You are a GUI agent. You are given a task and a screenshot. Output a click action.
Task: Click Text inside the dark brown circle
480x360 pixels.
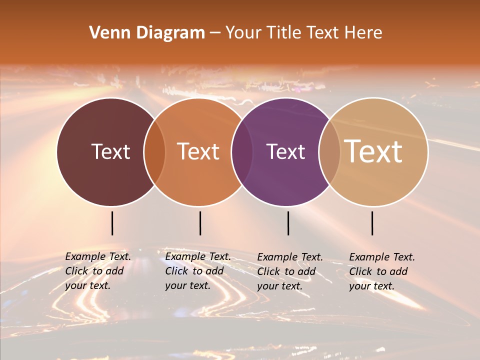[110, 151]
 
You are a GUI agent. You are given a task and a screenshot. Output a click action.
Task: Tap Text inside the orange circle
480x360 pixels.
[198, 151]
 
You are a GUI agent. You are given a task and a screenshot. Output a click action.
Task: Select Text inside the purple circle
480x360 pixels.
[285, 151]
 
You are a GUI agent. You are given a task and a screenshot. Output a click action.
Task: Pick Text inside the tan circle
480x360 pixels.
[373, 151]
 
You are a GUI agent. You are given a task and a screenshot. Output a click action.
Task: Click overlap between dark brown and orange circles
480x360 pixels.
[154, 151]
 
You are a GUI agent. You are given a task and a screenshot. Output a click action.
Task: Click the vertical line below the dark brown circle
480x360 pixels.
[112, 223]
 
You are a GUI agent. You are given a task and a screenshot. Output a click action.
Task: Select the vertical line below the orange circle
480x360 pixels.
[200, 223]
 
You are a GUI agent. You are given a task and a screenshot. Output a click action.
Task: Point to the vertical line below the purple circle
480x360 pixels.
[288, 223]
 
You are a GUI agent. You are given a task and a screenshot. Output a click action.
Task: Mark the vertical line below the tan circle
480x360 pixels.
[372, 223]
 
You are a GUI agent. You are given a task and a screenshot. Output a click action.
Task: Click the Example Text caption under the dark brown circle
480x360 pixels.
[97, 271]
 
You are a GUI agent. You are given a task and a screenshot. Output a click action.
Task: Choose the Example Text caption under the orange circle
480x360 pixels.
[197, 271]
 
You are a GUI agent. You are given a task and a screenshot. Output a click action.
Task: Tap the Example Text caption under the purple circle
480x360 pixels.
[289, 271]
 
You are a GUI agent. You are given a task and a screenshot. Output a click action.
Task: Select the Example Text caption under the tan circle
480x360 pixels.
[381, 271]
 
